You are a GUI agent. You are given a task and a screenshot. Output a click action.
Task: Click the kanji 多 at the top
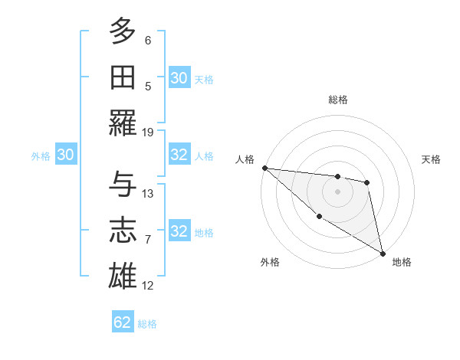point(123,32)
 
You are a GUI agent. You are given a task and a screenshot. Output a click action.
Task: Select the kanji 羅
point(123,123)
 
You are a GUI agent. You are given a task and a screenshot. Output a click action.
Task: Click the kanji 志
point(123,231)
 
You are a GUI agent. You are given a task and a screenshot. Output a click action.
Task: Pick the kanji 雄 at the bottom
point(123,277)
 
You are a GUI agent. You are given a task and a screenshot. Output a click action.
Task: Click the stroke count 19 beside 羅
point(148,132)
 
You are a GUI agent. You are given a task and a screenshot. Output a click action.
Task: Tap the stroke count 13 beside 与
point(148,193)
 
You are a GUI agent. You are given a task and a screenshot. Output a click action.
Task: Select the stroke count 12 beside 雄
point(148,285)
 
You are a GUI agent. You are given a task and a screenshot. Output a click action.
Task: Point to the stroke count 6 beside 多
point(148,40)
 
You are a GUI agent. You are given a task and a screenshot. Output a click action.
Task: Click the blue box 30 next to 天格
point(179,78)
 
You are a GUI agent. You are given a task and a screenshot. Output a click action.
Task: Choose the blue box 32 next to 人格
point(179,155)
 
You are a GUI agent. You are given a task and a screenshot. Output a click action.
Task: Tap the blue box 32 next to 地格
point(179,231)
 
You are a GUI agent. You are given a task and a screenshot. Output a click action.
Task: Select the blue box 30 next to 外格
point(65,155)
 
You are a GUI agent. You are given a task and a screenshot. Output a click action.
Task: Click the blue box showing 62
point(123,322)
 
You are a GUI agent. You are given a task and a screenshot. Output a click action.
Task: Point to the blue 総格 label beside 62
point(147,324)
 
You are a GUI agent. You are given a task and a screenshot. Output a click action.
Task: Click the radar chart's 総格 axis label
point(338,100)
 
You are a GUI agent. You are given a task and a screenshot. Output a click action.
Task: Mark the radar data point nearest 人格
point(264,168)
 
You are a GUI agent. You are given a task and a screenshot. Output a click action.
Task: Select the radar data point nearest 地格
point(383,253)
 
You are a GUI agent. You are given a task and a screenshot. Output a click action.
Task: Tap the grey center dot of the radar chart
point(337,191)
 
